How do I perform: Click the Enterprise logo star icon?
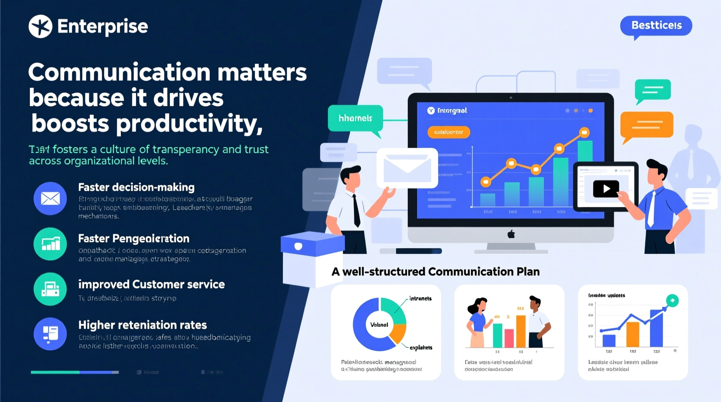pyautogui.click(x=40, y=26)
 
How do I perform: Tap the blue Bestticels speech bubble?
pyautogui.click(x=656, y=26)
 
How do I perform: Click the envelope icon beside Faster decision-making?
pyautogui.click(x=50, y=198)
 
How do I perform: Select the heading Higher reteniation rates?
pyautogui.click(x=143, y=325)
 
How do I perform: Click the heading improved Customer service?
pyautogui.click(x=151, y=284)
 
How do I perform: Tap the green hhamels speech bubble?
pyautogui.click(x=355, y=118)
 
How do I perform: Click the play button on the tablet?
pyautogui.click(x=606, y=189)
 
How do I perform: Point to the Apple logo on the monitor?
pyautogui.click(x=511, y=234)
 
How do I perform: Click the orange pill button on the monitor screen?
pyautogui.click(x=448, y=132)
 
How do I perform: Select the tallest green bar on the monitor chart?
pyautogui.click(x=585, y=173)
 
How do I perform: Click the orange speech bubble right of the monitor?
pyautogui.click(x=646, y=124)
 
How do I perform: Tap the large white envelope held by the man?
pyautogui.click(x=407, y=168)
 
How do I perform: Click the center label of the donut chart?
pyautogui.click(x=379, y=324)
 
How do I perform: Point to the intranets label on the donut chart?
pyautogui.click(x=420, y=298)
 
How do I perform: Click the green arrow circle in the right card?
pyautogui.click(x=672, y=300)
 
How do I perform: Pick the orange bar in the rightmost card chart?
pyautogui.click(x=633, y=334)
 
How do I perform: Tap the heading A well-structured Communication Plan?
pyautogui.click(x=435, y=272)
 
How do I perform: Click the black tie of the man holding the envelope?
pyautogui.click(x=356, y=211)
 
